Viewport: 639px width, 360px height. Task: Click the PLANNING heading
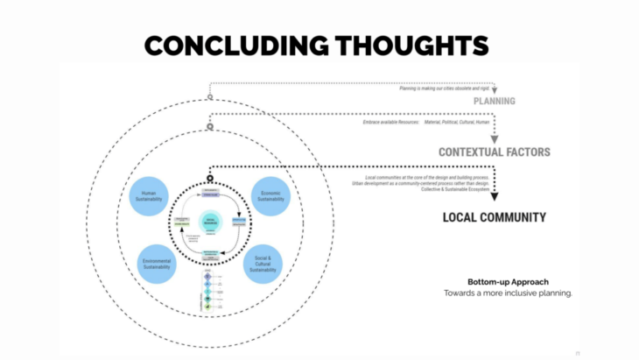[495, 101]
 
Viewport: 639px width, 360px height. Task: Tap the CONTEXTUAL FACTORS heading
[495, 152]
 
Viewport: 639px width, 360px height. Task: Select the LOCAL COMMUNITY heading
[495, 217]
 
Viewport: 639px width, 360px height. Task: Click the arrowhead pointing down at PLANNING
[495, 89]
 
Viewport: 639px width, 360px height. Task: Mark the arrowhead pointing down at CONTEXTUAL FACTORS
[495, 139]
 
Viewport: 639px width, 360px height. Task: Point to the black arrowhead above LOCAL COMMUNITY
[495, 197]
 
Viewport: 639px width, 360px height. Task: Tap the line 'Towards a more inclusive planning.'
[507, 293]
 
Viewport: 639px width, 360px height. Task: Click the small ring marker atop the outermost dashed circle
[209, 97]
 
